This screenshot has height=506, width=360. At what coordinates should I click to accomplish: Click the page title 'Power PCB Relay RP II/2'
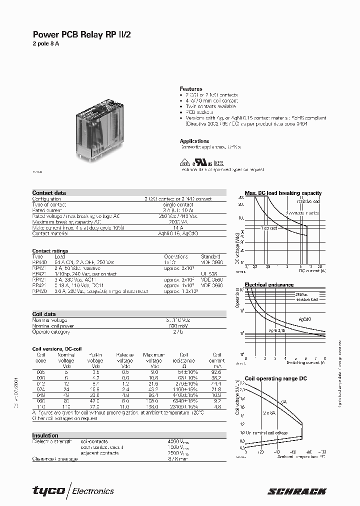(x=82, y=34)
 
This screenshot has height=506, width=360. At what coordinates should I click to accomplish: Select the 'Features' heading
(x=191, y=88)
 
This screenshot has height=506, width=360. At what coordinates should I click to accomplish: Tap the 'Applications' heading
(x=194, y=141)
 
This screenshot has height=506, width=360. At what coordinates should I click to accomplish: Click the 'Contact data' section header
(x=49, y=193)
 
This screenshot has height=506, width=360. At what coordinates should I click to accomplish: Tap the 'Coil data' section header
(x=44, y=314)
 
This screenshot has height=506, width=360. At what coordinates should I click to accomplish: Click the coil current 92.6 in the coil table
(x=216, y=372)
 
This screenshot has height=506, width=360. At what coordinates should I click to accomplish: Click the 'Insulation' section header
(x=45, y=435)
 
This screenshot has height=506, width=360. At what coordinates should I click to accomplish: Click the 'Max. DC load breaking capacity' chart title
(x=283, y=193)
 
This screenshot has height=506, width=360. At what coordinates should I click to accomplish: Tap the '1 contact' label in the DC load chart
(x=268, y=227)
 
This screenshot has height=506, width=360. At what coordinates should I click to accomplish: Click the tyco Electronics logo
(x=73, y=490)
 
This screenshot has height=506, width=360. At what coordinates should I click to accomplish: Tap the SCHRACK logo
(x=297, y=491)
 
